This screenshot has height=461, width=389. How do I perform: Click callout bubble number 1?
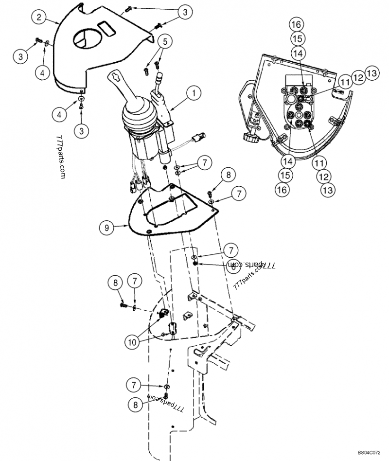(194, 91)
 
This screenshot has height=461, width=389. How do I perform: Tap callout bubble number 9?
(107, 227)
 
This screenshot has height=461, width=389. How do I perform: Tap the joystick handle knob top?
(117, 76)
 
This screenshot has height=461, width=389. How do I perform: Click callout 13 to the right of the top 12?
(371, 73)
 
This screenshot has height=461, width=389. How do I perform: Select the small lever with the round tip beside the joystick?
(159, 80)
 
